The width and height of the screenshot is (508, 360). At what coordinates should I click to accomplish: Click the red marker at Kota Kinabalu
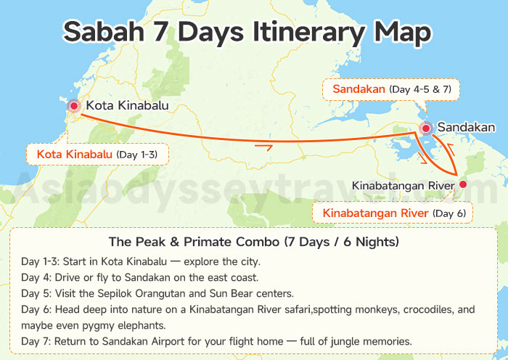pos(74,106)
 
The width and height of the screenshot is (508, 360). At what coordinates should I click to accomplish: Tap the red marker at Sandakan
pos(426,128)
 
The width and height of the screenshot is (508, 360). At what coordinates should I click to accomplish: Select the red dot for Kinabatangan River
pos(463,185)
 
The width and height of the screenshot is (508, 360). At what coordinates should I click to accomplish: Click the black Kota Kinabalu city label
pos(127,106)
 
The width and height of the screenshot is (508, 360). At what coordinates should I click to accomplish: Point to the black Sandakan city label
pos(471,127)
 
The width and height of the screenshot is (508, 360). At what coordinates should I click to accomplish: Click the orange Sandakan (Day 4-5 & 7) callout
pos(392,89)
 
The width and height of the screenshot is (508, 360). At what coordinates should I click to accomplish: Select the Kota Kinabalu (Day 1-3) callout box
pos(97,155)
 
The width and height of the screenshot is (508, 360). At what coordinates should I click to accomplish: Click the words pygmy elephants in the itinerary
pos(106,325)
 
